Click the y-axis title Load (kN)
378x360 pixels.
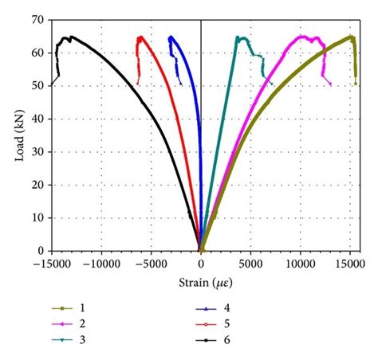18,134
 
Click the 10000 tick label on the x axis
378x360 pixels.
300,264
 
